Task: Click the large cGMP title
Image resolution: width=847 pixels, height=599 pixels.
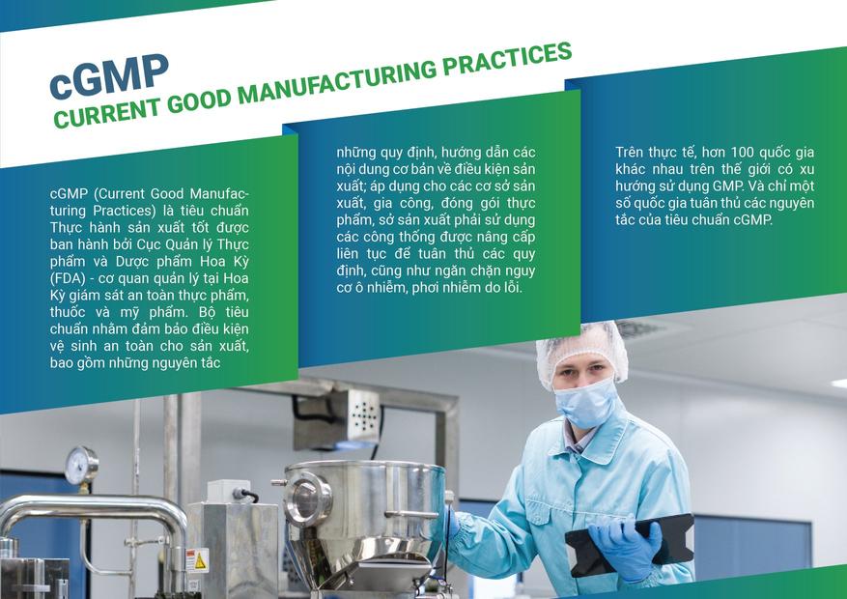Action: (109, 76)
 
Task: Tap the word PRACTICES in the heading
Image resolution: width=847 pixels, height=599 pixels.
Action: (507, 58)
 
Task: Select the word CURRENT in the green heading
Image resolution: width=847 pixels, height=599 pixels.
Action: (107, 113)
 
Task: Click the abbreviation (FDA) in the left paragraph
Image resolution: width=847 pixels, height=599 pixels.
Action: (68, 278)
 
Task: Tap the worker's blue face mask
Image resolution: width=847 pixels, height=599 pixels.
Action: (587, 402)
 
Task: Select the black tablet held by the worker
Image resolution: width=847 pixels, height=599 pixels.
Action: (630, 545)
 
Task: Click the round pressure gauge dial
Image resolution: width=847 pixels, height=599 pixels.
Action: (81, 465)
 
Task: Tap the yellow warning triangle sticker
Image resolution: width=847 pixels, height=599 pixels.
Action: (199, 561)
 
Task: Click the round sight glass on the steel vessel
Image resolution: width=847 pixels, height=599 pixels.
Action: (307, 499)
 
